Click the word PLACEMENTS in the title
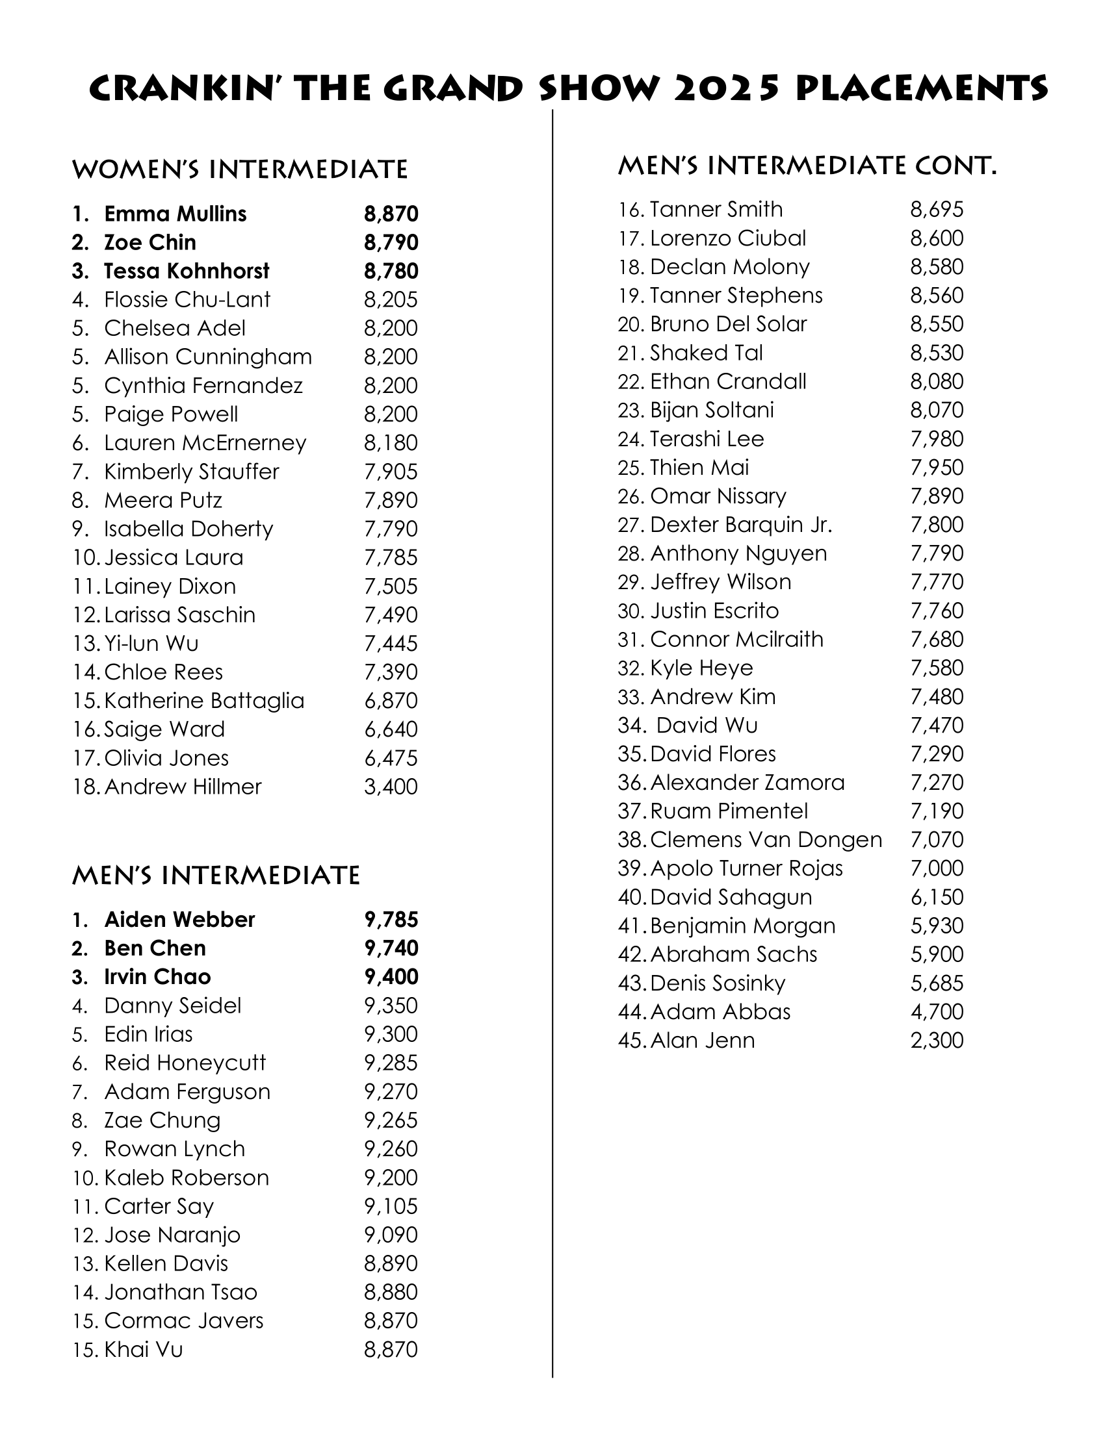coord(922,88)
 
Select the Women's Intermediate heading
coord(240,170)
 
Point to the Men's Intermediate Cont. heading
coord(807,166)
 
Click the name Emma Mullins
coord(175,214)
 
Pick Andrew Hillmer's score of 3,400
coord(391,787)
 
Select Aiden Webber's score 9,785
coord(391,919)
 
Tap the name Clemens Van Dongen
coord(766,839)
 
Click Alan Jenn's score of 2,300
coord(937,1041)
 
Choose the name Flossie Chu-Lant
coord(187,299)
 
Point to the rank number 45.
coord(632,1041)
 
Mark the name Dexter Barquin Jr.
coord(741,525)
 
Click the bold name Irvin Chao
coord(158,977)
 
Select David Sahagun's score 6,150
coord(937,897)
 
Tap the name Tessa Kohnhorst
coord(187,271)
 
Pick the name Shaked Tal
coord(707,353)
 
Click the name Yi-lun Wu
coord(151,643)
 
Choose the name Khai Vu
coord(144,1349)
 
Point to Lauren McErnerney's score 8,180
coord(391,443)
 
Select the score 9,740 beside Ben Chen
coord(391,948)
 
